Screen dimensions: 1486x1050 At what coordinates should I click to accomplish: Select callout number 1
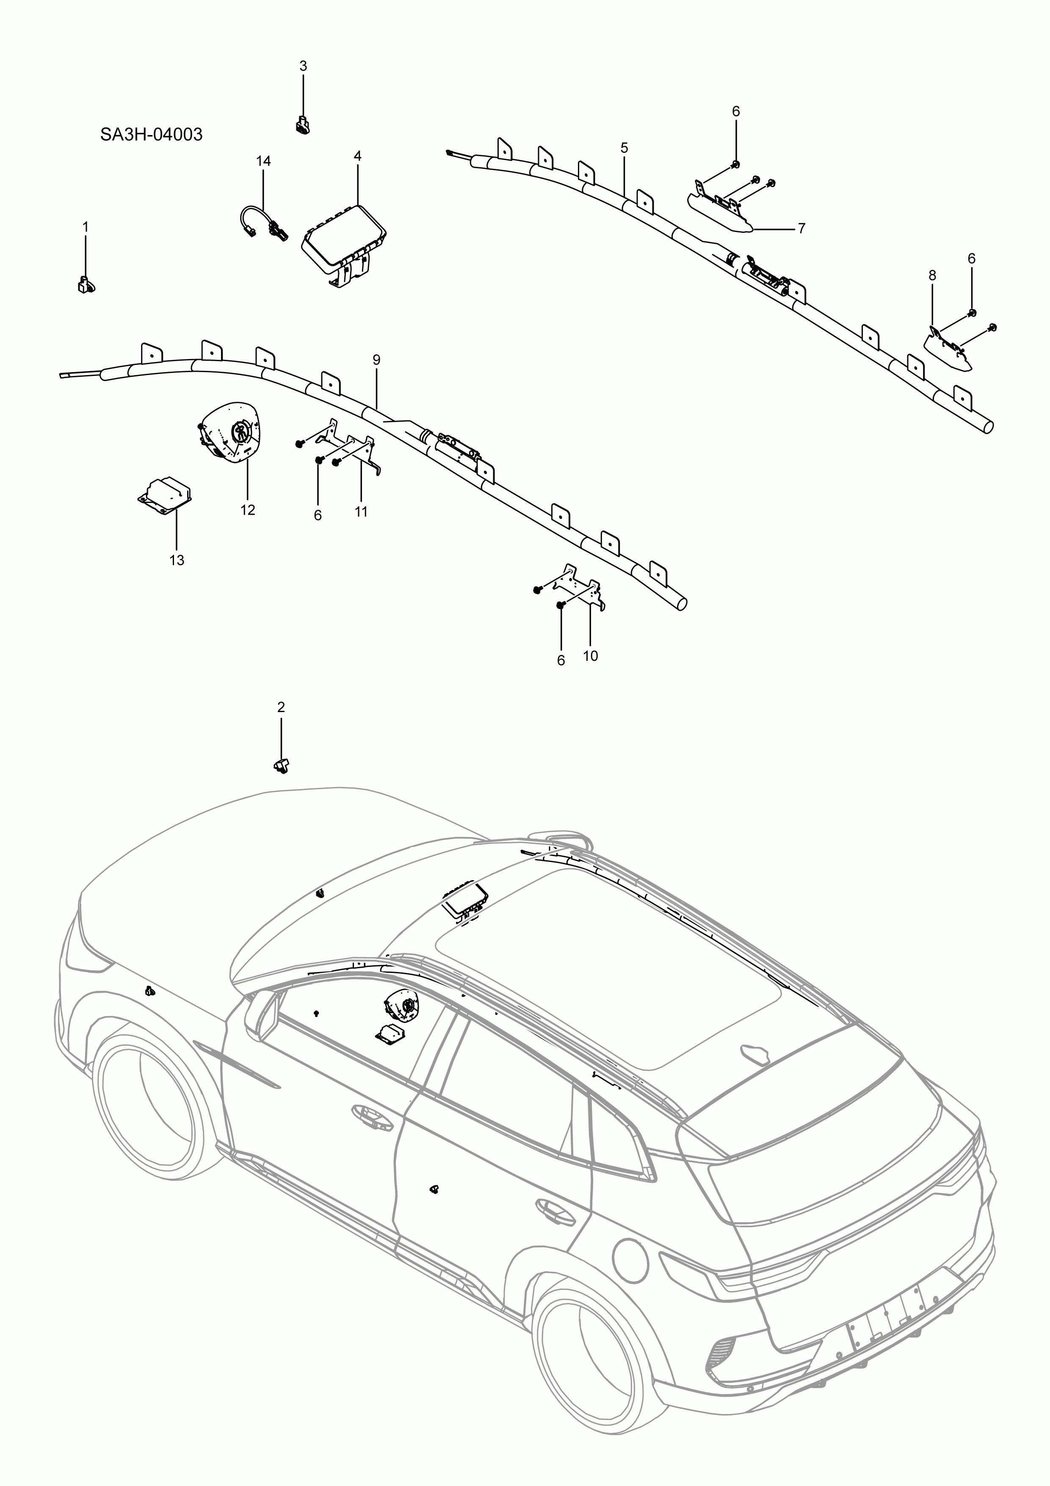[86, 227]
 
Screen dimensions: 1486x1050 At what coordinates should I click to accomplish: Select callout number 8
[931, 276]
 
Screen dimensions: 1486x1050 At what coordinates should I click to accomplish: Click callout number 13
[177, 560]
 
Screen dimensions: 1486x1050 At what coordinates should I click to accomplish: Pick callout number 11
[361, 511]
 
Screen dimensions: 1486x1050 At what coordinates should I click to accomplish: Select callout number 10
[590, 656]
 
